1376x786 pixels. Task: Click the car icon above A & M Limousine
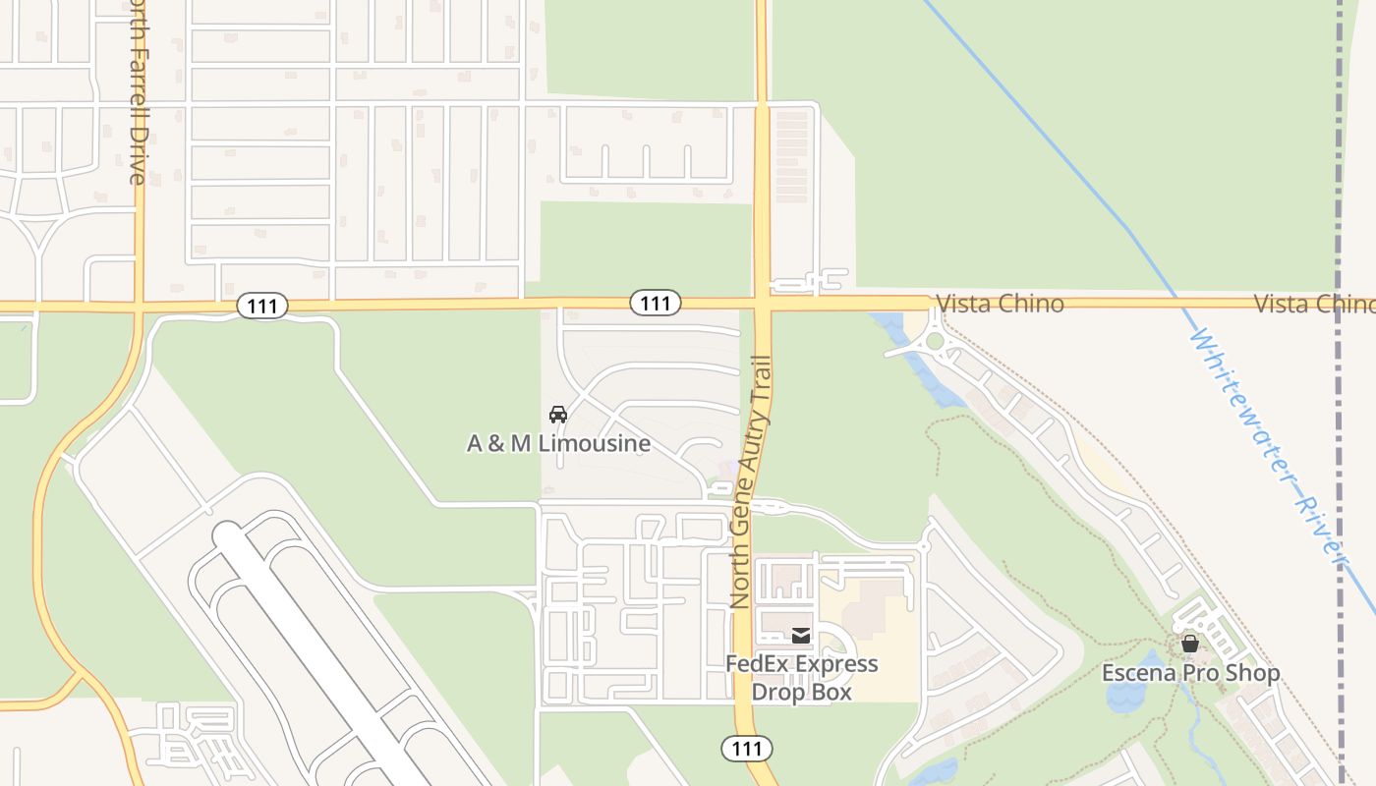click(558, 415)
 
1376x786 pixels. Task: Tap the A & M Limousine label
click(558, 444)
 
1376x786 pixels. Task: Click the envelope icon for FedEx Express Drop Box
click(801, 636)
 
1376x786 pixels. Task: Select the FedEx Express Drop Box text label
click(801, 678)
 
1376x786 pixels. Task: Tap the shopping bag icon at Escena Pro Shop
click(1190, 645)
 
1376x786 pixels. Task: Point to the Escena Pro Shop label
click(1190, 673)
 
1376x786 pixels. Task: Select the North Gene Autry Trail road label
click(750, 481)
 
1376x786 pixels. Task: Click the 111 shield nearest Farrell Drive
click(262, 307)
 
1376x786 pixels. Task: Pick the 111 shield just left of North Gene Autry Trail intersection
click(656, 304)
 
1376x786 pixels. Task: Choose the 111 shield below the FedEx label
click(747, 749)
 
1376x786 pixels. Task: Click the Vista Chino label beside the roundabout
click(1000, 304)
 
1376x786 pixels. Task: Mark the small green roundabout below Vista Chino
click(935, 341)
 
